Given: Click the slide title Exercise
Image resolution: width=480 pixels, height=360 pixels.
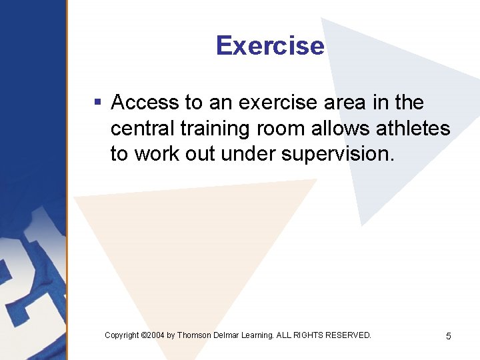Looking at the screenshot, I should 270,46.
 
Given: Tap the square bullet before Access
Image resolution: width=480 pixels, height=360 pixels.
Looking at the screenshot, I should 97,103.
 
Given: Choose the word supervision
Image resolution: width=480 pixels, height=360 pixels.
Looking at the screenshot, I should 338,153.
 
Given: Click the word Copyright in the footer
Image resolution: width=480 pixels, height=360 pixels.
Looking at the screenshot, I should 122,335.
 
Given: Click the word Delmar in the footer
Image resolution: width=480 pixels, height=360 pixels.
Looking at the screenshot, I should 229,335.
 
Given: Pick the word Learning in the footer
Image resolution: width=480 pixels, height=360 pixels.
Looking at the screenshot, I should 259,335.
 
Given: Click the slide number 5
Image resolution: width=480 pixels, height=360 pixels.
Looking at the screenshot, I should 448,336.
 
